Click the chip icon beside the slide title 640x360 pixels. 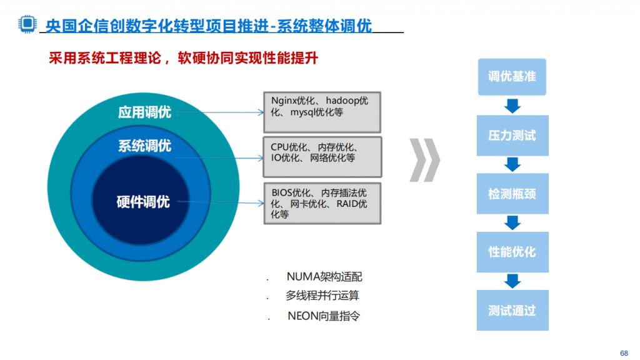(27, 24)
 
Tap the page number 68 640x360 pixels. (624, 353)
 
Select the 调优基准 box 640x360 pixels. (512, 77)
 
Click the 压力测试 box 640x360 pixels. (512, 136)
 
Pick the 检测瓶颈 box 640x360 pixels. (512, 194)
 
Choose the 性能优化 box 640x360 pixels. (512, 252)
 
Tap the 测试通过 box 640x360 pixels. (512, 310)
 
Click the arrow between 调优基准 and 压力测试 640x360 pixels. (512, 106)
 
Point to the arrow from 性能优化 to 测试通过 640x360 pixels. (512, 281)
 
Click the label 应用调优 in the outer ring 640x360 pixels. (144, 112)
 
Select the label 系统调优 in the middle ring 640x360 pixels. (144, 146)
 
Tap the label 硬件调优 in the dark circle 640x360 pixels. (143, 202)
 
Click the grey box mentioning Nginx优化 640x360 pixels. (322, 112)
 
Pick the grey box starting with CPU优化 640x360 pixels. (322, 157)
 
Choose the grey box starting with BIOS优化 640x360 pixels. (322, 203)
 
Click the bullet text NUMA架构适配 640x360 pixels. (324, 277)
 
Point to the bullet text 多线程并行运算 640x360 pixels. (322, 296)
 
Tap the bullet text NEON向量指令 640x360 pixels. (324, 316)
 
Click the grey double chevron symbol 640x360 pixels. (425, 160)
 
